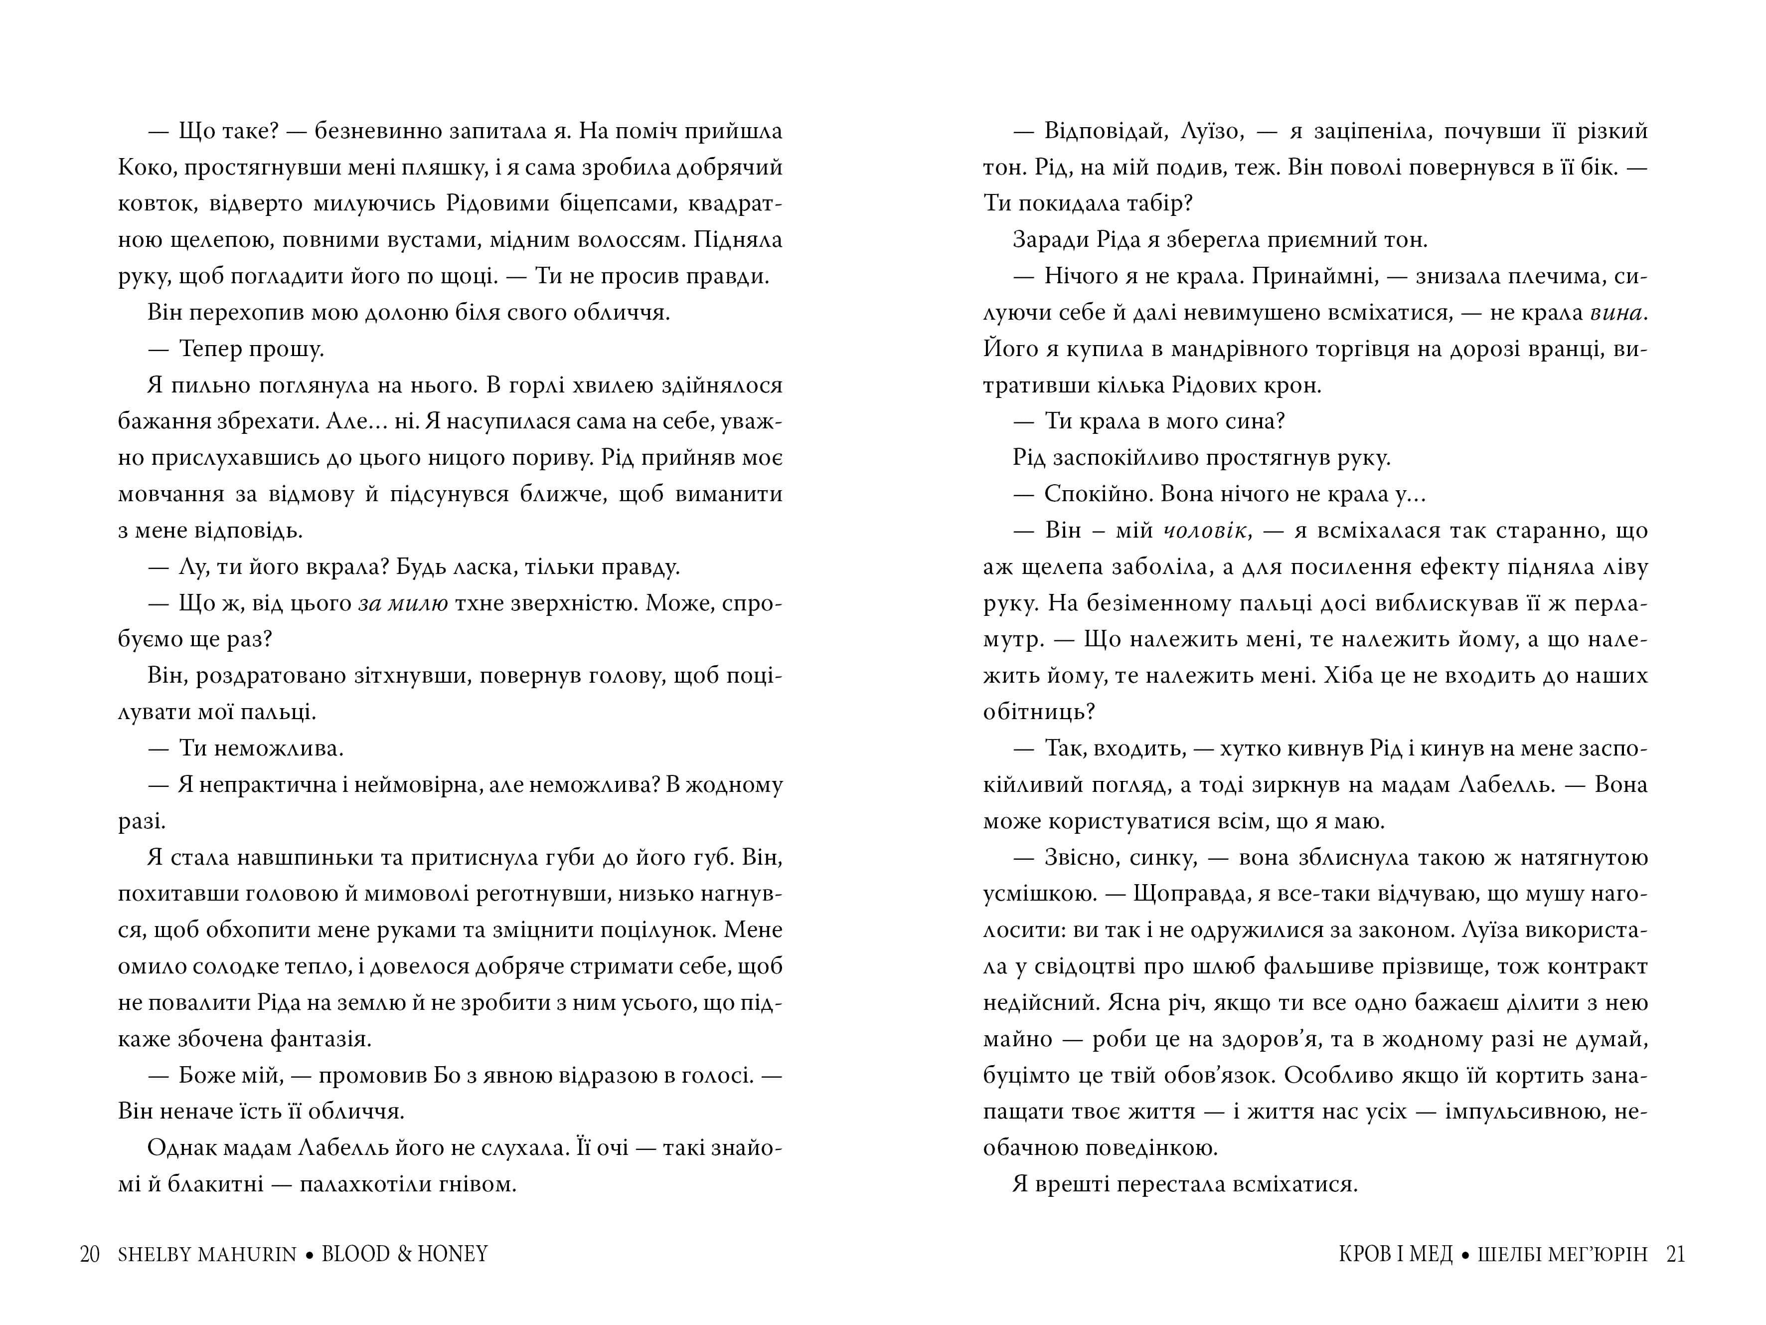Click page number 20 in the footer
(89, 1254)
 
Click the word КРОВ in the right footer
(1367, 1254)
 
